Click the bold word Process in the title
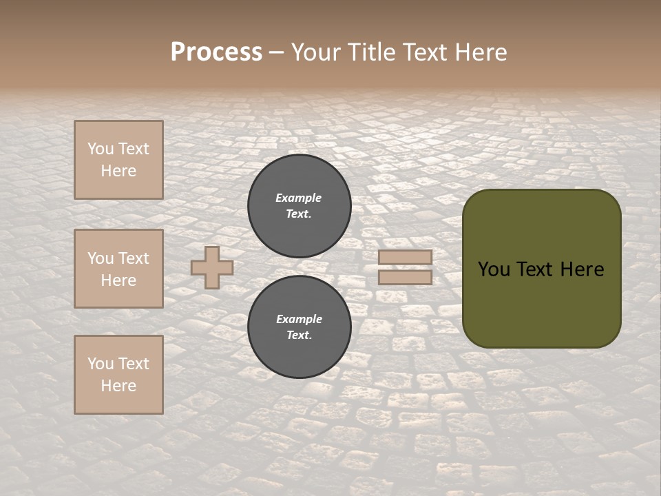(216, 52)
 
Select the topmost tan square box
(118, 160)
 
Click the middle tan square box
(118, 269)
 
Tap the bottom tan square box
(118, 375)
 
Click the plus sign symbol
(212, 267)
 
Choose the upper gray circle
(300, 205)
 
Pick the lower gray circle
(300, 327)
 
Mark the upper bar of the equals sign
(406, 258)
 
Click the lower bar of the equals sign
(406, 277)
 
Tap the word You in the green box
(494, 269)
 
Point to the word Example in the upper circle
(299, 198)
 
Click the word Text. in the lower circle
(299, 335)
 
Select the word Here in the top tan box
(118, 171)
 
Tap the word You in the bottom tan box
(101, 364)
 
